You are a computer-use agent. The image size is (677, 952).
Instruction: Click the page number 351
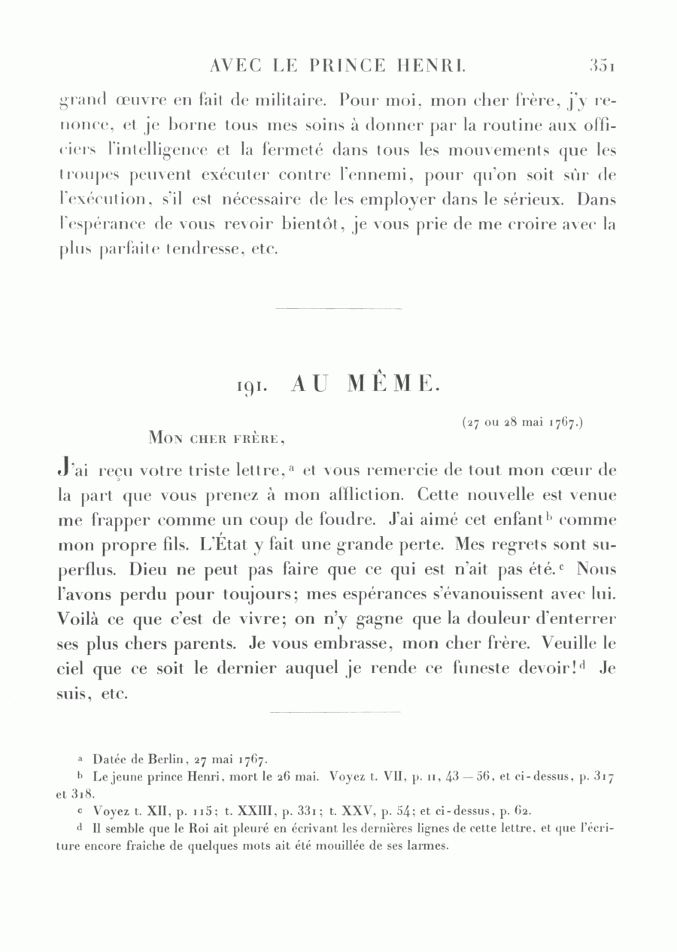603,66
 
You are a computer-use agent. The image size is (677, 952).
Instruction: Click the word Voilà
78,619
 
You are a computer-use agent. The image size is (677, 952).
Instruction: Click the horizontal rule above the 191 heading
338,309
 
